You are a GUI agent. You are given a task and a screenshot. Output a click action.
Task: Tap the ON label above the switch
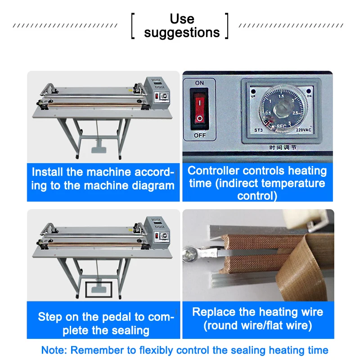point(199,83)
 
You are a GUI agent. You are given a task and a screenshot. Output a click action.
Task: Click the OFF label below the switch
point(199,135)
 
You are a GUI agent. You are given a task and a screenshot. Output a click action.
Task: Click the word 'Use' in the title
point(182,19)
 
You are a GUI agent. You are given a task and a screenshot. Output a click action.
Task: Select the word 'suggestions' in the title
point(182,33)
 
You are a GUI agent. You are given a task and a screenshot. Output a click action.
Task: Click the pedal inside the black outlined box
point(99,289)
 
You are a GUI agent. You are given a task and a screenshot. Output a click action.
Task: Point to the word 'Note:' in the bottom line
point(54,350)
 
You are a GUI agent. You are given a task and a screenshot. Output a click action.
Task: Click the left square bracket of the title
point(133,26)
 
